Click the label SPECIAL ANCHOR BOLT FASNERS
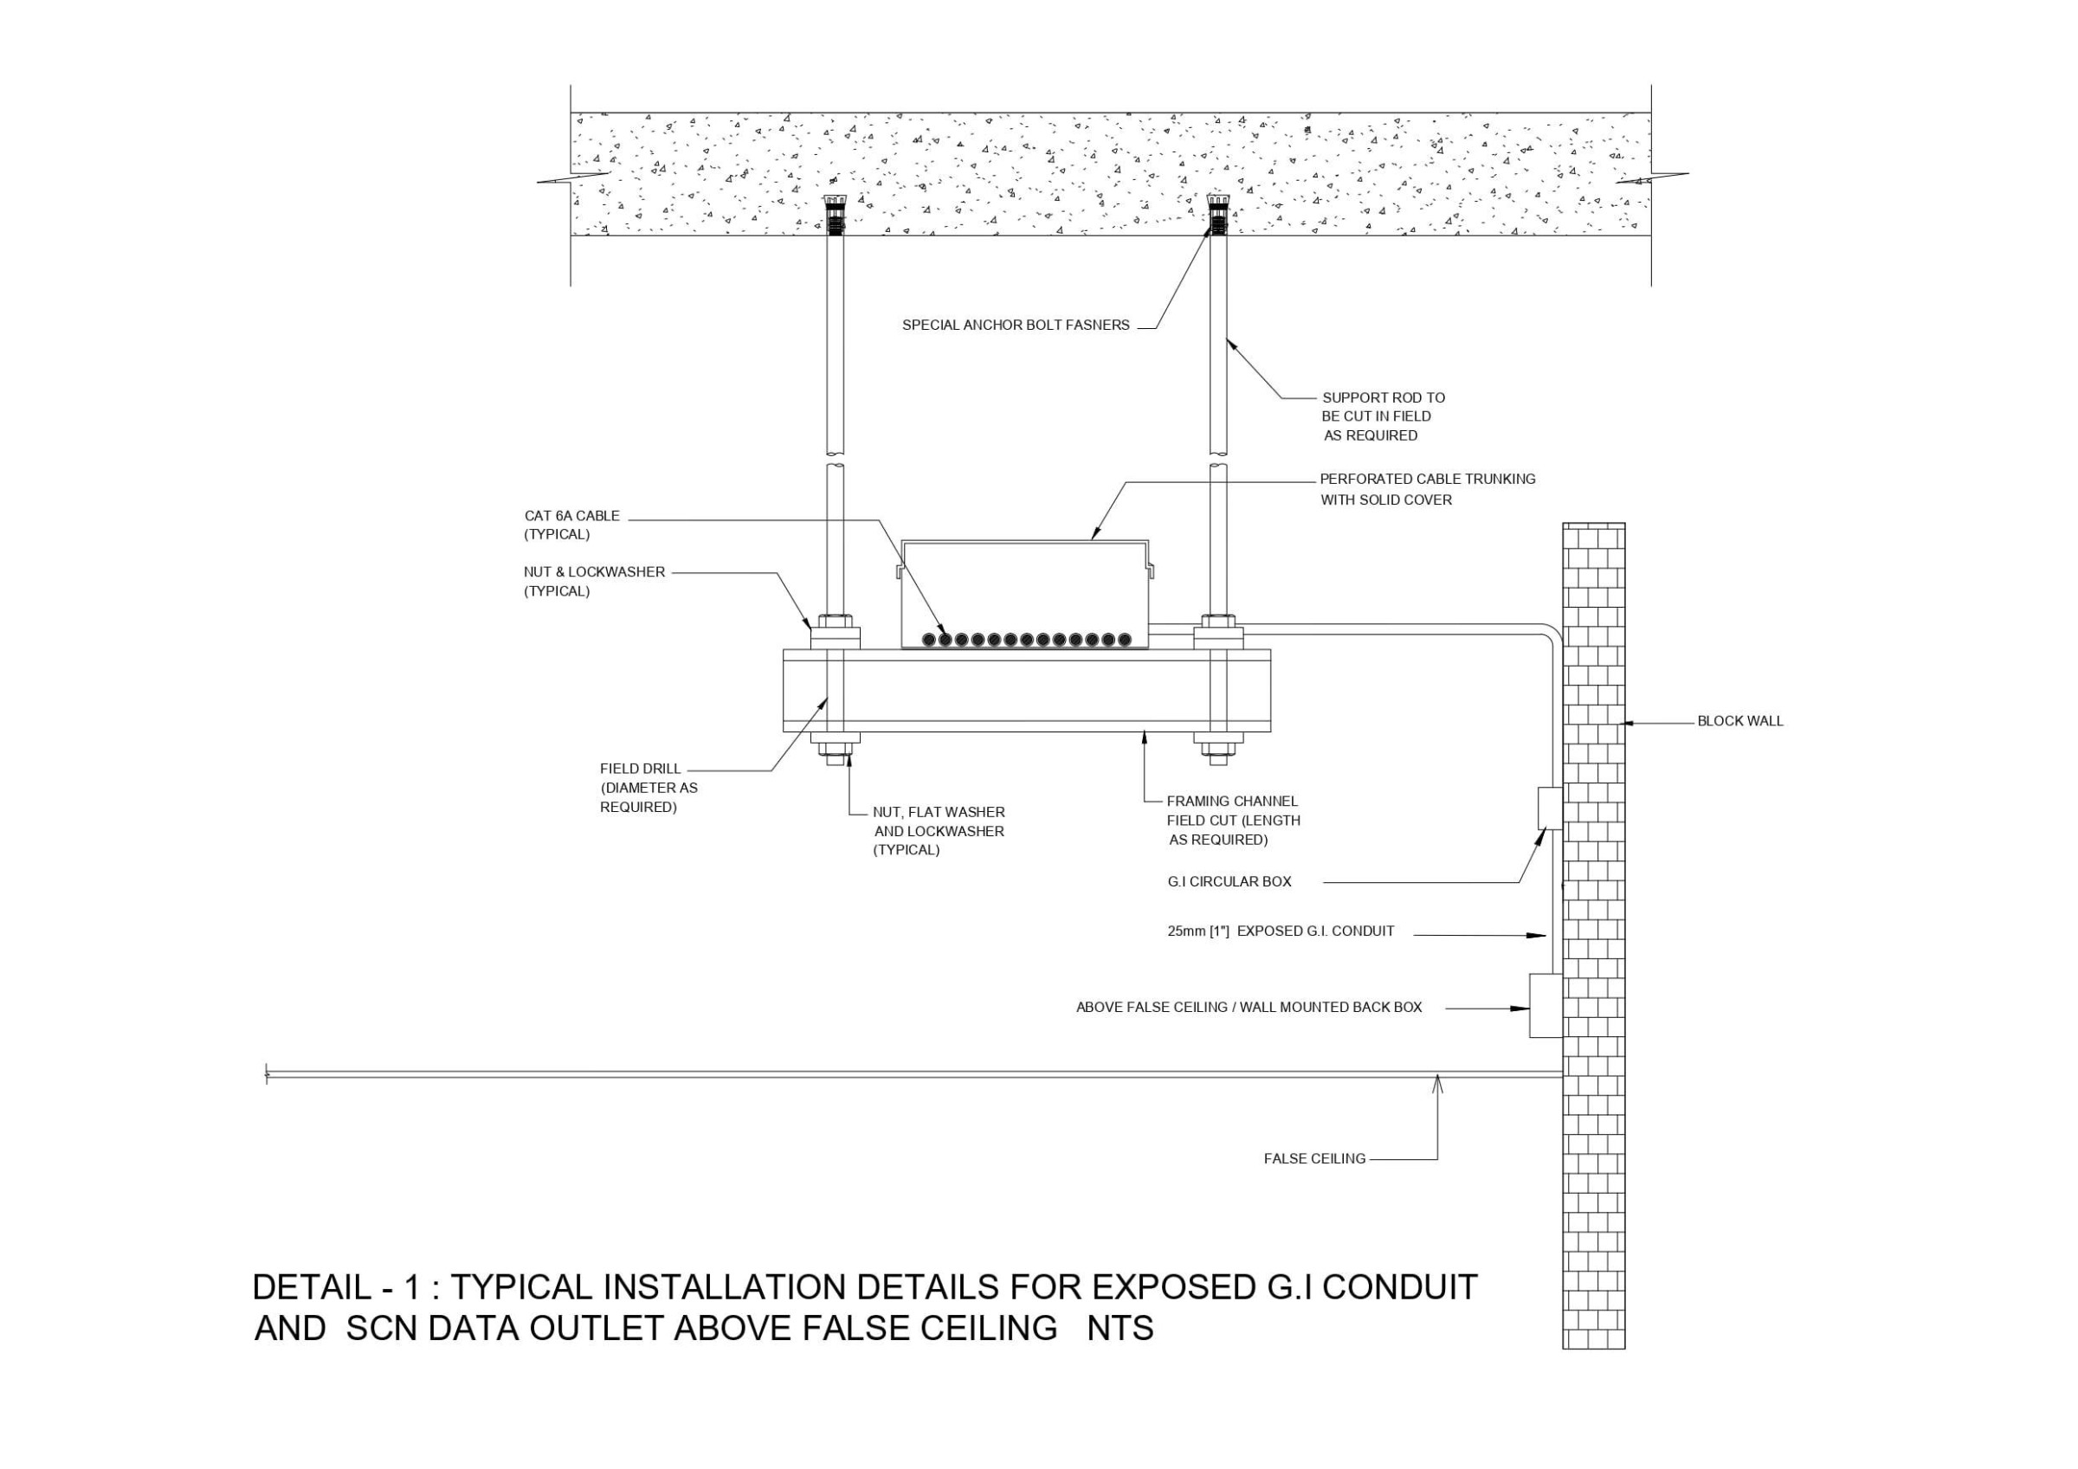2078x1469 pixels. click(x=1015, y=325)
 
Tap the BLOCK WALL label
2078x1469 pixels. click(x=1739, y=721)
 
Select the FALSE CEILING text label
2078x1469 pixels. click(x=1314, y=1158)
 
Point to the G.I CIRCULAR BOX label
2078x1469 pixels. click(x=1229, y=881)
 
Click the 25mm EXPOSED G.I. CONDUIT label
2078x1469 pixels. click(x=1280, y=931)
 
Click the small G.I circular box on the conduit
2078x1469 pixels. click(x=1550, y=809)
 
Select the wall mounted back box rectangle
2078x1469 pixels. click(x=1545, y=1006)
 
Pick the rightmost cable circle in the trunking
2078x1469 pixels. click(x=1124, y=640)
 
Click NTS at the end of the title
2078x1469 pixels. click(x=1120, y=1329)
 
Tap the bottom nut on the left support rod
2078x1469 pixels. click(x=836, y=750)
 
